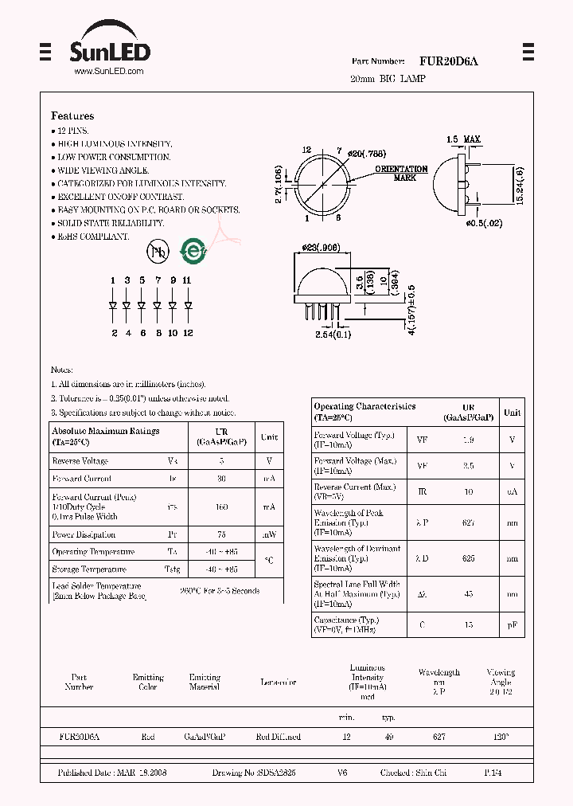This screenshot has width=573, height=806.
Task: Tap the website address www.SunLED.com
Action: tap(108, 72)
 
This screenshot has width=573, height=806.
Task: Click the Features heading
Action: tap(72, 115)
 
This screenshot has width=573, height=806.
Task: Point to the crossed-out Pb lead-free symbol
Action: tap(158, 252)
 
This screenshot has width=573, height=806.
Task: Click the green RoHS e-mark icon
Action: tap(193, 251)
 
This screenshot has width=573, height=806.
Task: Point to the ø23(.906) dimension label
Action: tap(322, 248)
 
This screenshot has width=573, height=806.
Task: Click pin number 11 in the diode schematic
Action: tap(187, 280)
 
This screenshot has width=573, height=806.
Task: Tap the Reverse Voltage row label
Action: tap(80, 461)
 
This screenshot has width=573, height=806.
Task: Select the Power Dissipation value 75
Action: tap(221, 534)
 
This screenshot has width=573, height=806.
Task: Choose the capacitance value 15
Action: tap(468, 624)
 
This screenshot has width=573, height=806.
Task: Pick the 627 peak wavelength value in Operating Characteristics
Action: tap(468, 523)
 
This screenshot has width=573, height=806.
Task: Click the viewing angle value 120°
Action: tap(501, 738)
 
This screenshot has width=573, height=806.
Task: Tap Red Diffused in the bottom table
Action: tap(279, 738)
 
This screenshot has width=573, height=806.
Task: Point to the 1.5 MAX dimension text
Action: tap(463, 140)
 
